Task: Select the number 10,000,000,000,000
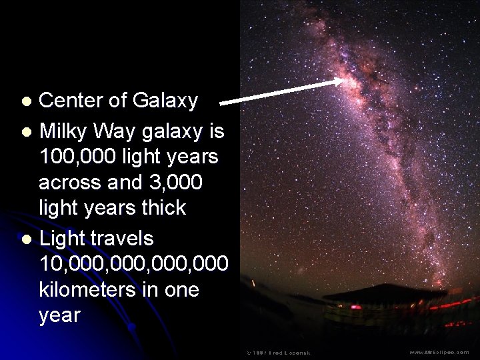133,264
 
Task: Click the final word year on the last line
59,315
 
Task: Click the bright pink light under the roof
356,307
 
